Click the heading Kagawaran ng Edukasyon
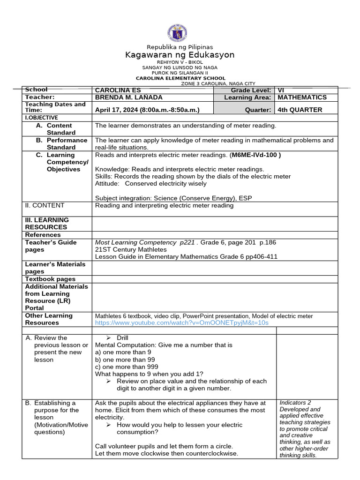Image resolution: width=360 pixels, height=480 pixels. [x=180, y=55]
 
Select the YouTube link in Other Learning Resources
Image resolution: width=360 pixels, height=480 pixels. [x=182, y=323]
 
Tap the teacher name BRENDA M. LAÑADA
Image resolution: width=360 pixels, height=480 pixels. [x=129, y=97]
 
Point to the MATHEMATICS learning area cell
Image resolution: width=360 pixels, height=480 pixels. [x=302, y=97]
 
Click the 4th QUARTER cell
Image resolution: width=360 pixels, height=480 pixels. [x=300, y=110]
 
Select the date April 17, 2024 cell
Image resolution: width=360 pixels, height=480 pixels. [x=148, y=110]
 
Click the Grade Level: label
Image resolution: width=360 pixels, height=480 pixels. [x=251, y=90]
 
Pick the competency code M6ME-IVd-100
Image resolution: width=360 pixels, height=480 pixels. [x=255, y=155]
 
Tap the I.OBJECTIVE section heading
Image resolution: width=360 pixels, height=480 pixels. [x=41, y=118]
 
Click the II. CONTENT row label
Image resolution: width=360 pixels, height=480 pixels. [x=45, y=205]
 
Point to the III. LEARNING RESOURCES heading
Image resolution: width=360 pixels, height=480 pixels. [x=46, y=224]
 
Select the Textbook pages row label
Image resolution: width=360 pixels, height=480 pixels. [x=50, y=279]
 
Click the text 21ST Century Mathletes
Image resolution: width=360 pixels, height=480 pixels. [x=131, y=250]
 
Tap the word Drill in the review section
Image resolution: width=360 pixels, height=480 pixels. [x=122, y=337]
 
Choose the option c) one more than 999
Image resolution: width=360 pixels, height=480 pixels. [x=127, y=367]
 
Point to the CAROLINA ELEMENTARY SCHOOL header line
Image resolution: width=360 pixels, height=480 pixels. [x=180, y=78]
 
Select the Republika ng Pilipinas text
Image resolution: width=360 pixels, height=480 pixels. [x=180, y=47]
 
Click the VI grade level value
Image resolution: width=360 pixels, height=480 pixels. [x=281, y=90]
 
